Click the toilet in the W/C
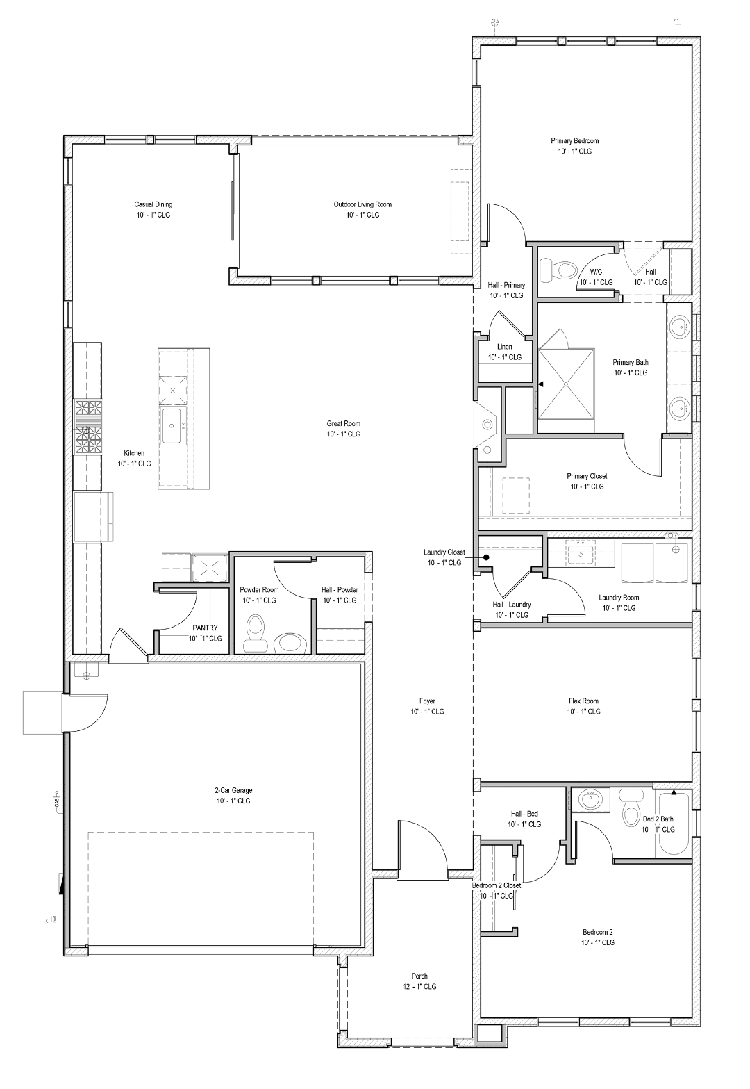560,269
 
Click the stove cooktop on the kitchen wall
88,425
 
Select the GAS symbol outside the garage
56,802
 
